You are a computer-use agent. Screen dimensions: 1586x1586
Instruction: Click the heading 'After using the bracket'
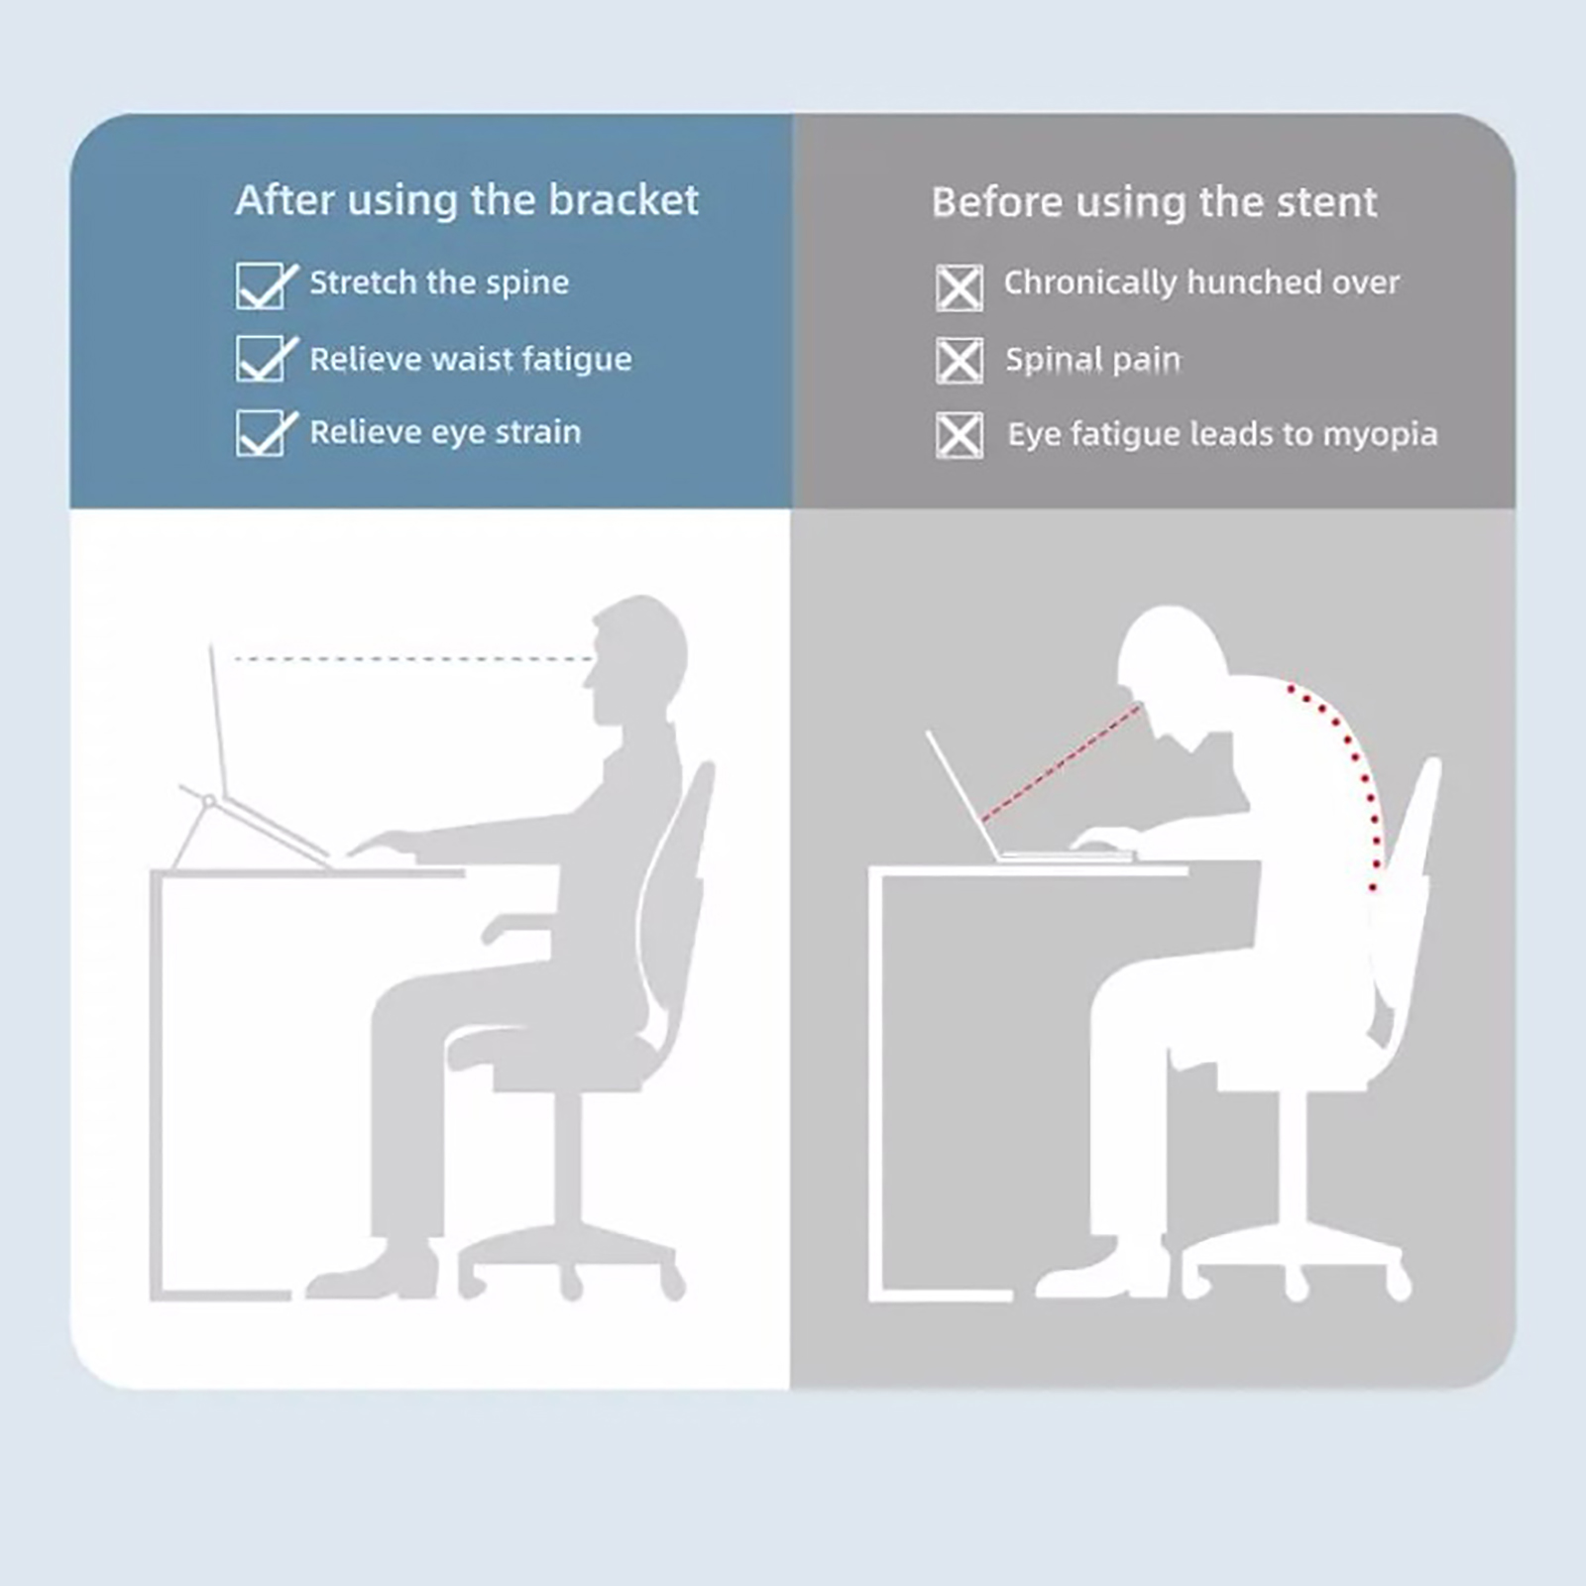click(x=467, y=200)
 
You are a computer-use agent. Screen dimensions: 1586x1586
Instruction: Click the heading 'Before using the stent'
click(x=1154, y=202)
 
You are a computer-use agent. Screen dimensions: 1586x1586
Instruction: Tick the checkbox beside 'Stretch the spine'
click(x=264, y=285)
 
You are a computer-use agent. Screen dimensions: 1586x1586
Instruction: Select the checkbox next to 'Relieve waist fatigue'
click(x=264, y=358)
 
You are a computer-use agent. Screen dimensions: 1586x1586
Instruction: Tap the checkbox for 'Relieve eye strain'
click(x=264, y=433)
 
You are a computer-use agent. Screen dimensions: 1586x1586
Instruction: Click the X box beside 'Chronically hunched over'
click(x=960, y=287)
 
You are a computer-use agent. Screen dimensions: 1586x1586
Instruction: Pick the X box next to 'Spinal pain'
click(x=960, y=360)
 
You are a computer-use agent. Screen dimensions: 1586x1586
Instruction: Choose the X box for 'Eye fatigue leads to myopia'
click(x=960, y=435)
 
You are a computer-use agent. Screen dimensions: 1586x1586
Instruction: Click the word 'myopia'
click(x=1380, y=435)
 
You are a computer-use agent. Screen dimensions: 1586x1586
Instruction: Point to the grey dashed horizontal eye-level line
click(x=413, y=658)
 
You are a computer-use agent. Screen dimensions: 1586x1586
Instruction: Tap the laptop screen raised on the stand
click(x=219, y=719)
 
